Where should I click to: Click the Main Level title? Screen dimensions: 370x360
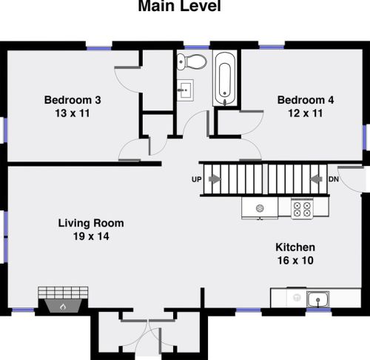[x=180, y=6]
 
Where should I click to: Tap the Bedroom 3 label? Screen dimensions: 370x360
[x=73, y=100]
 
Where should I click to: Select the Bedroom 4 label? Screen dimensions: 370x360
[x=306, y=100]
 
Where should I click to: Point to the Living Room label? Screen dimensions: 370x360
[x=91, y=223]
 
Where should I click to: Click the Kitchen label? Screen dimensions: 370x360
[x=295, y=247]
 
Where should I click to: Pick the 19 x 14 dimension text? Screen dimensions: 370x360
[x=91, y=236]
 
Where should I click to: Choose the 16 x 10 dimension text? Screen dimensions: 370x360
[x=295, y=261]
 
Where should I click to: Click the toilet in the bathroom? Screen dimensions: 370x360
[x=192, y=61]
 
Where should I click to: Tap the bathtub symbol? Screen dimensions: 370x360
[x=224, y=79]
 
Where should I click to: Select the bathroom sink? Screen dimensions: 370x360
[x=185, y=90]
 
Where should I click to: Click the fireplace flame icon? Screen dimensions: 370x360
[x=63, y=307]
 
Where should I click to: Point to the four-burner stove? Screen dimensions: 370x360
[x=302, y=209]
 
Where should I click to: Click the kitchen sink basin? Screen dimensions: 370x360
[x=318, y=299]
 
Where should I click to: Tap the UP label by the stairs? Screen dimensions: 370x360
[x=197, y=179]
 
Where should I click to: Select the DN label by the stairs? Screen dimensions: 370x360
[x=334, y=179]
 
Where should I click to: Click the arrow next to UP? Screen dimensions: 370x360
[x=215, y=179]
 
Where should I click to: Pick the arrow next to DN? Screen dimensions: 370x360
[x=316, y=179]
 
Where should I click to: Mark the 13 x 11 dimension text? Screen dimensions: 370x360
[x=73, y=113]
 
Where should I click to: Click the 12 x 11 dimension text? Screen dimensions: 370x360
[x=306, y=113]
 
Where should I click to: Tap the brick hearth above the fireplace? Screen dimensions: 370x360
[x=63, y=293]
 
